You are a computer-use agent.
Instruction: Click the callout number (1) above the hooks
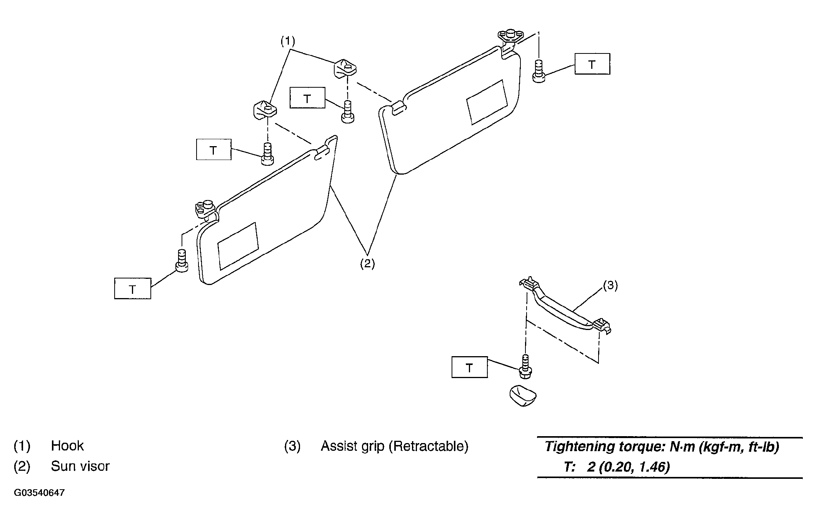click(288, 41)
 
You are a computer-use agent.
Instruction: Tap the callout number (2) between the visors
click(367, 264)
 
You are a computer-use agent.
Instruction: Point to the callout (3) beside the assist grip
click(610, 286)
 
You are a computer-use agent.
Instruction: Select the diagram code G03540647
click(39, 493)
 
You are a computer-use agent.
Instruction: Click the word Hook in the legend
click(67, 446)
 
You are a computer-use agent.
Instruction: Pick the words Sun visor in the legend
click(80, 466)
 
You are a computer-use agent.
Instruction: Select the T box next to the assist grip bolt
click(470, 367)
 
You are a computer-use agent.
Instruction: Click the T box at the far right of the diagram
click(592, 64)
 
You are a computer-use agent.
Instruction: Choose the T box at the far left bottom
click(133, 289)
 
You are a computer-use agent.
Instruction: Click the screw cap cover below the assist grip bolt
click(523, 396)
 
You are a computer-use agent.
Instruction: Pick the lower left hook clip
click(265, 110)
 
